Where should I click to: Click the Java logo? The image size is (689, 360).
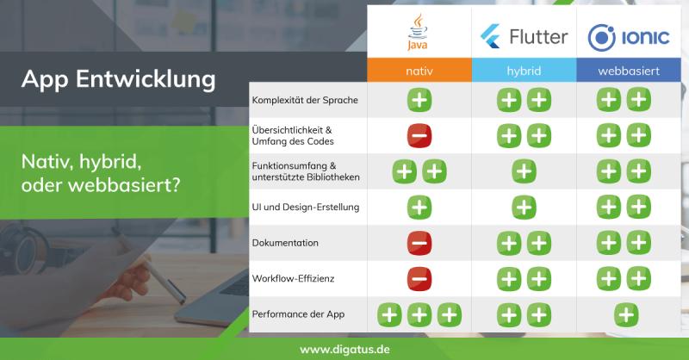tap(418, 32)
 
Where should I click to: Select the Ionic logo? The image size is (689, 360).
tap(629, 37)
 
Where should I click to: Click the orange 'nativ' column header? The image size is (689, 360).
tap(419, 71)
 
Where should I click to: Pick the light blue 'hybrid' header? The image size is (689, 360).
tap(524, 71)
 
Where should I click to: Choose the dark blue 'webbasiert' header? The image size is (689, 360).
tap(629, 71)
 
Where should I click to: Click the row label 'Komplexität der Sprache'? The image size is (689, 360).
tap(305, 100)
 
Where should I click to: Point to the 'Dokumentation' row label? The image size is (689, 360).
tap(285, 243)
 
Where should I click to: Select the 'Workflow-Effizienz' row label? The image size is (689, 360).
tap(293, 278)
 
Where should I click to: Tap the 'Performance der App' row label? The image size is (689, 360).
tap(298, 314)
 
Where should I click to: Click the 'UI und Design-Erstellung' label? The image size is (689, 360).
tap(306, 207)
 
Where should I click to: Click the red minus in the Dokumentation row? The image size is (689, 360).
tap(419, 243)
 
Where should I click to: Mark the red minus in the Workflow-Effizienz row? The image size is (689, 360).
tap(419, 279)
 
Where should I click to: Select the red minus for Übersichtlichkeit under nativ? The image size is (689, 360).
tap(419, 135)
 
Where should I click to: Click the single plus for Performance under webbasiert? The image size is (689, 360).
tap(626, 314)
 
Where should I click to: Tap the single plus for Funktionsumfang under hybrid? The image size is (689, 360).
tap(524, 171)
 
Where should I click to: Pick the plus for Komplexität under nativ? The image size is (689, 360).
tap(419, 100)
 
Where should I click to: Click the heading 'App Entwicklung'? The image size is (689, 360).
tap(118, 79)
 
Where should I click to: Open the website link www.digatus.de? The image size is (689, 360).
tap(345, 350)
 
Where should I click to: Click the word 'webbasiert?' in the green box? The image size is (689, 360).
tap(124, 185)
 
